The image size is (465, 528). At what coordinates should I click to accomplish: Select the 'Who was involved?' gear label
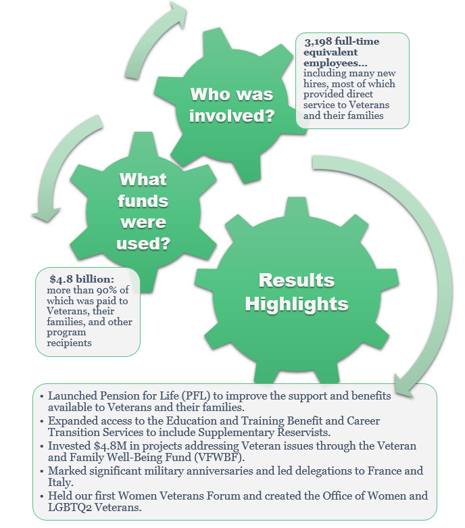(x=232, y=105)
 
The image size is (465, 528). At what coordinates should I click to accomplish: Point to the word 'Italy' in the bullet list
(x=59, y=483)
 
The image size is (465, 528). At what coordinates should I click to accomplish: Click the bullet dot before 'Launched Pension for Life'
(x=43, y=396)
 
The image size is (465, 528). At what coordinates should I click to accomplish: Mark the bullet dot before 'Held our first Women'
(x=43, y=496)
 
